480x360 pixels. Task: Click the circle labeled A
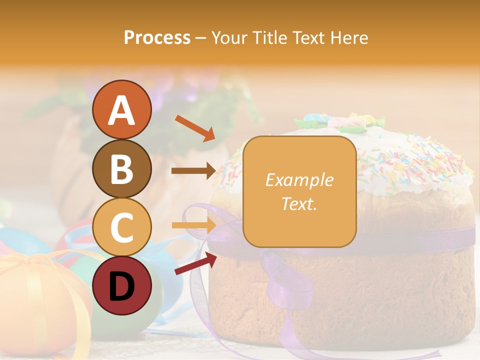(x=121, y=110)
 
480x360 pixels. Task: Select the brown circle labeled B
(x=121, y=169)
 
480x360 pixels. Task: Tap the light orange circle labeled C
(x=121, y=227)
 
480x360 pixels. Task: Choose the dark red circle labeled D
(x=121, y=286)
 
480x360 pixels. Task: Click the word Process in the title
(x=157, y=37)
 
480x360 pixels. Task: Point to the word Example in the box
(x=299, y=180)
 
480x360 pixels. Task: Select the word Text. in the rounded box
(x=299, y=203)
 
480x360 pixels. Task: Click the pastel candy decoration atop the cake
(x=340, y=121)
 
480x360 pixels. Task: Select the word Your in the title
(x=230, y=37)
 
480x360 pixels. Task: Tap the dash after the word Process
(x=201, y=38)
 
